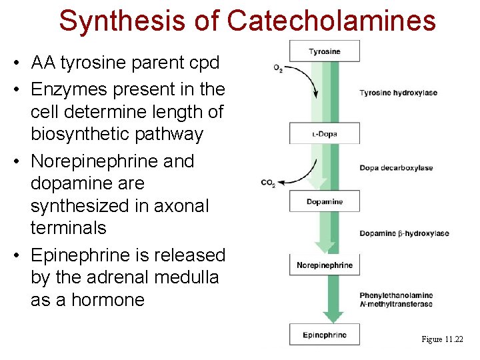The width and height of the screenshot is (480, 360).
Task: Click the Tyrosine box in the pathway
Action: (325, 51)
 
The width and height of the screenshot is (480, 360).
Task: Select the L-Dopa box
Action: (325, 134)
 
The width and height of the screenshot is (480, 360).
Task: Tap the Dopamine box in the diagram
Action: (325, 201)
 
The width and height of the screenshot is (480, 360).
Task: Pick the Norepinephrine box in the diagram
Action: (325, 265)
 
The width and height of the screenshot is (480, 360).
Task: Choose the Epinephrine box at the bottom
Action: (325, 335)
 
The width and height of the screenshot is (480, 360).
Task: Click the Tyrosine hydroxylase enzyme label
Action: (398, 93)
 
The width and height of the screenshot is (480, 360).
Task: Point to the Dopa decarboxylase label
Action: (396, 168)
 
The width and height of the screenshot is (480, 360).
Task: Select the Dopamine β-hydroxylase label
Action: (404, 233)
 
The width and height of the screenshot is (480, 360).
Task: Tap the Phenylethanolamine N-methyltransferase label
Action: (396, 300)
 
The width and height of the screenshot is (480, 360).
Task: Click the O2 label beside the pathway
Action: (278, 68)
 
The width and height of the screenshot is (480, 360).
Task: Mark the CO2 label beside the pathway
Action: (268, 183)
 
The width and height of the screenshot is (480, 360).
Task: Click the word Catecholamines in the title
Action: (331, 21)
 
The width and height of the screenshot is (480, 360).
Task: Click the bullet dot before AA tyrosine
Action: (14, 64)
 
